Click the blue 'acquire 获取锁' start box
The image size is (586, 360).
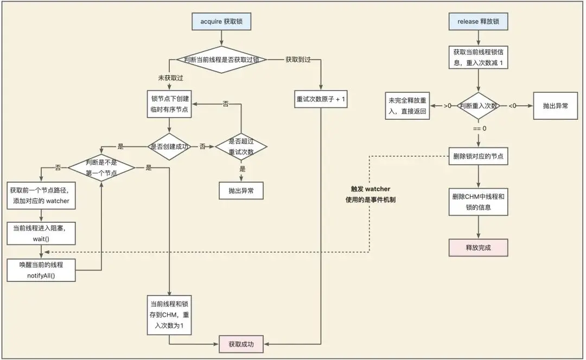coord(222,22)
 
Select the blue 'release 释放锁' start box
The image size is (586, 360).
coord(478,22)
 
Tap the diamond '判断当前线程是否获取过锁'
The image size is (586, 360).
coord(222,59)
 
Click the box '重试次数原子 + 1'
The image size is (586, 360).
coord(321,100)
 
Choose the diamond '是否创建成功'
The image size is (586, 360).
coord(169,146)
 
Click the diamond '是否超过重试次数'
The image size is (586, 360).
coord(241,146)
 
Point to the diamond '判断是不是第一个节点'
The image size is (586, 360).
coord(101,168)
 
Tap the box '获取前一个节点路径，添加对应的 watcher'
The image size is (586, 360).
coord(41,196)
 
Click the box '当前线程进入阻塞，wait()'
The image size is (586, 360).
coord(41,232)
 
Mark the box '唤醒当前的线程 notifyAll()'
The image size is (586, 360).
coord(41,270)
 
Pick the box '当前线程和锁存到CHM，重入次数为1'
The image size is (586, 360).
coord(169,314)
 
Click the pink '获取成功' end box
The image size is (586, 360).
coord(241,344)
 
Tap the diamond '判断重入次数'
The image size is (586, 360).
coord(478,106)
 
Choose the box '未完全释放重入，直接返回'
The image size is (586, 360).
coord(407,106)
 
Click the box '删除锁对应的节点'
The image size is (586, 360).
coord(478,157)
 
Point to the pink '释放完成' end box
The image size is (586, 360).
coord(478,247)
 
